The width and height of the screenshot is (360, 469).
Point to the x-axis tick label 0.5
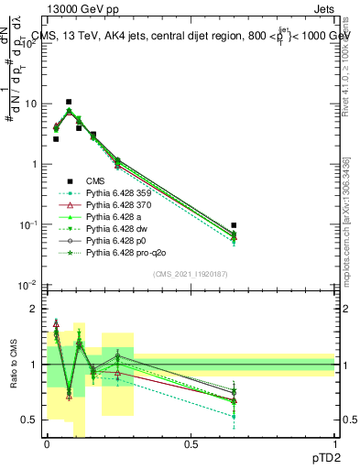point(191,443)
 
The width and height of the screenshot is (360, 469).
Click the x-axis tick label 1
point(334,443)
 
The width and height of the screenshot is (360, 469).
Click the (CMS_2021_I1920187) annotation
point(191,274)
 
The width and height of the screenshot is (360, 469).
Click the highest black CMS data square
point(69,103)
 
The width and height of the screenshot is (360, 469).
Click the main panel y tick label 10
point(33,104)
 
